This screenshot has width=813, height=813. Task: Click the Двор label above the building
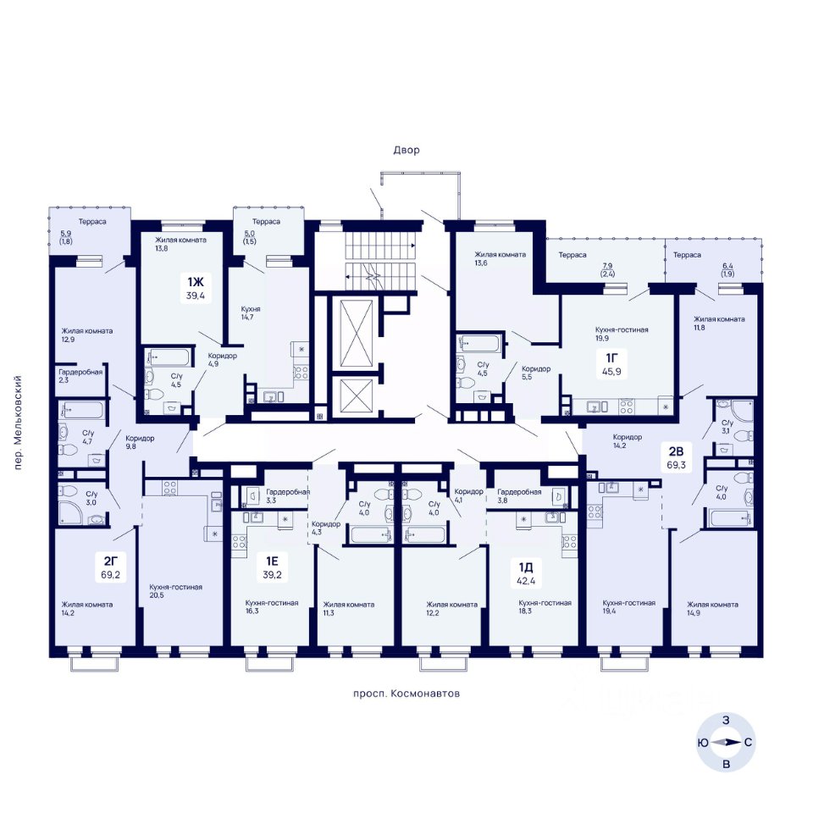pyautogui.click(x=406, y=151)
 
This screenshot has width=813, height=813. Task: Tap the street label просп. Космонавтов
pyautogui.click(x=406, y=694)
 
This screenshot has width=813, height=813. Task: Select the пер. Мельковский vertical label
pyautogui.click(x=18, y=423)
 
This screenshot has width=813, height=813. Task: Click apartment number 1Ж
pyautogui.click(x=196, y=282)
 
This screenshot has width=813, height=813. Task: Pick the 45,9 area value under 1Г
pyautogui.click(x=611, y=371)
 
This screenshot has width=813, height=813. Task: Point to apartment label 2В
pyautogui.click(x=676, y=451)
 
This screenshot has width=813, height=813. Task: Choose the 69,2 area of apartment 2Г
pyautogui.click(x=111, y=574)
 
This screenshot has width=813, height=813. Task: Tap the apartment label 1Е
pyautogui.click(x=272, y=561)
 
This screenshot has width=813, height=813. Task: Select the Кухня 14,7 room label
pyautogui.click(x=251, y=312)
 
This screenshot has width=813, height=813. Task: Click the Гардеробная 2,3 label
pyautogui.click(x=80, y=376)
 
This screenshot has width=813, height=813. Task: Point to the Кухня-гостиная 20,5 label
pyautogui.click(x=176, y=591)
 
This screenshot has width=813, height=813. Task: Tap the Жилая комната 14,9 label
pyautogui.click(x=712, y=608)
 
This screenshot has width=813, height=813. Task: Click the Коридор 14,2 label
pyautogui.click(x=628, y=440)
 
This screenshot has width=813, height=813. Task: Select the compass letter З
pyautogui.click(x=726, y=720)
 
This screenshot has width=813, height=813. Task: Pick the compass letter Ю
pyautogui.click(x=703, y=743)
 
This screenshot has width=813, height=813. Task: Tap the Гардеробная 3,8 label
pyautogui.click(x=519, y=495)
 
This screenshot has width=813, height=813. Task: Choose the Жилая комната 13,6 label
pyautogui.click(x=500, y=258)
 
